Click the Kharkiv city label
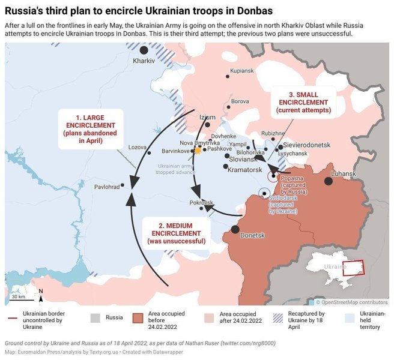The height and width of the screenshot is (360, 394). pyautogui.click(x=144, y=61)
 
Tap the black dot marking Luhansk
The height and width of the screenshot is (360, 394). pyautogui.click(x=329, y=181)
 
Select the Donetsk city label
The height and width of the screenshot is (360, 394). pyautogui.click(x=252, y=235)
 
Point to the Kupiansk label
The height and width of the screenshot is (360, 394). pyautogui.click(x=241, y=71)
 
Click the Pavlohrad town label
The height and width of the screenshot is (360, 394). pyautogui.click(x=107, y=187)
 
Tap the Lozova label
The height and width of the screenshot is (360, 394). pyautogui.click(x=137, y=147)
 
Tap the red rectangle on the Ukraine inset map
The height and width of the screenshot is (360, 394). pyautogui.click(x=353, y=268)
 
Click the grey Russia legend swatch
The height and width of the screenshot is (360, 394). pyautogui.click(x=95, y=317)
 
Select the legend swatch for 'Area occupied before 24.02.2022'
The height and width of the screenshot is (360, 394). pyautogui.click(x=137, y=317)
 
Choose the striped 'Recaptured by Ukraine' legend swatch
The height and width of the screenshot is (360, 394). pyautogui.click(x=278, y=317)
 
